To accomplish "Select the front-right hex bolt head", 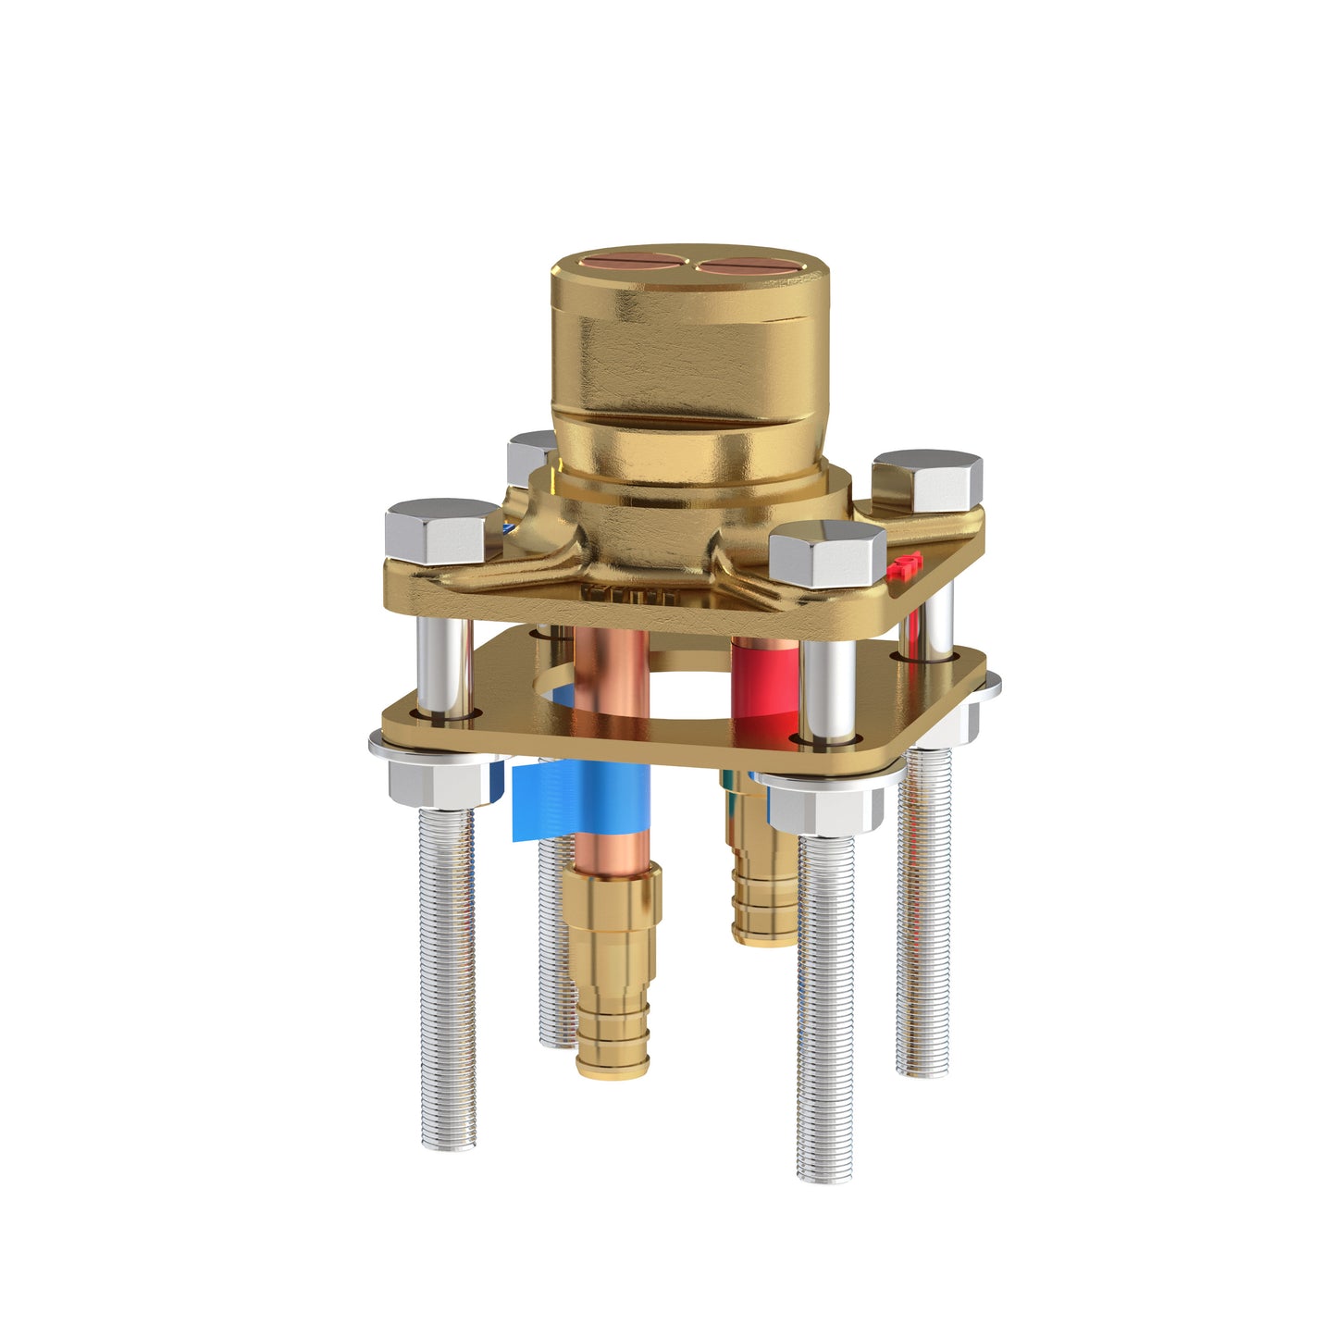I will [826, 552].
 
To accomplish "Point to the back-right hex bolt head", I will [927, 479].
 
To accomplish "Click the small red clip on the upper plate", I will [905, 565].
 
